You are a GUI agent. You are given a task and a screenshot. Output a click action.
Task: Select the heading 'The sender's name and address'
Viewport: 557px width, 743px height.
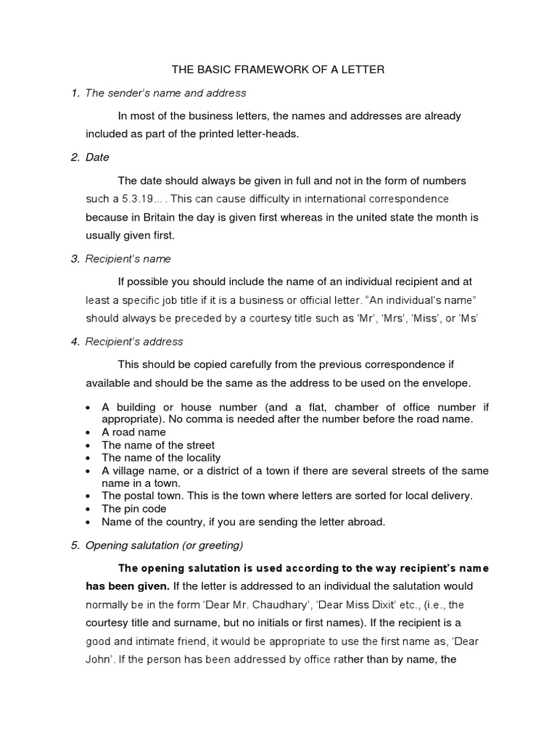(x=165, y=93)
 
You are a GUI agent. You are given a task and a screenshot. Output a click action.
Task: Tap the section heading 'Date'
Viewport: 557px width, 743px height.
(x=96, y=157)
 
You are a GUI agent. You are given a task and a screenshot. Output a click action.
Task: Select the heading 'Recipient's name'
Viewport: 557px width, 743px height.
(x=128, y=258)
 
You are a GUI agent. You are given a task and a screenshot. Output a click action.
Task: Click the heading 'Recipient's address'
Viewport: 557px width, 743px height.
(x=134, y=341)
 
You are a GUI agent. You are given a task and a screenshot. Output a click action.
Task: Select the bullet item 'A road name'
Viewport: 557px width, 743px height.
(x=133, y=432)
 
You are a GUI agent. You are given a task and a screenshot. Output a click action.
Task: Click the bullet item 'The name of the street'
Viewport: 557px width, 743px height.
(x=157, y=445)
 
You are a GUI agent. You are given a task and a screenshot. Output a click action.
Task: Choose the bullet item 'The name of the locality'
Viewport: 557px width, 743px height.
(x=160, y=458)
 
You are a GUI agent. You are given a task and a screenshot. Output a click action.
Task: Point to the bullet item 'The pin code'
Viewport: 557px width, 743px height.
(x=133, y=509)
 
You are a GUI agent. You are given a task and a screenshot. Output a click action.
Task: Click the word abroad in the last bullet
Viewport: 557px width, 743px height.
(x=368, y=522)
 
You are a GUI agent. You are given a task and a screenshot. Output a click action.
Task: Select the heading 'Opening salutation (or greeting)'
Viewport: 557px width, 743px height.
(x=164, y=545)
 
